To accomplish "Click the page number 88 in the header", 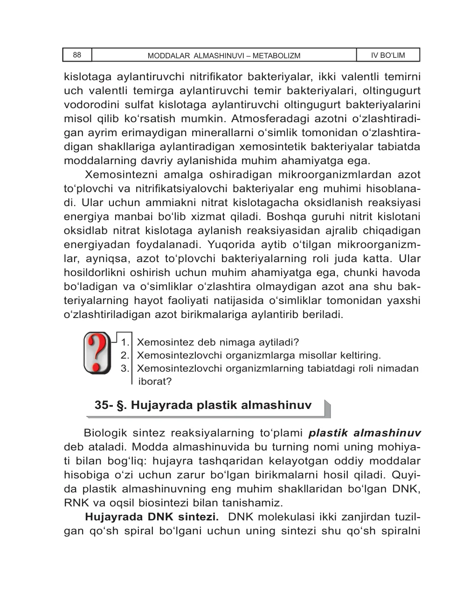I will click(77, 55).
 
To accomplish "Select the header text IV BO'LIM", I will click(388, 55).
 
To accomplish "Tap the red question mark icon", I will click(97, 353).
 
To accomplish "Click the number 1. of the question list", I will click(124, 343).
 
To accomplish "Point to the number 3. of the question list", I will click(124, 368).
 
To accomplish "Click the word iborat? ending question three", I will click(155, 381).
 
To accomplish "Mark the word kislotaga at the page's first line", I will click(87, 76).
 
